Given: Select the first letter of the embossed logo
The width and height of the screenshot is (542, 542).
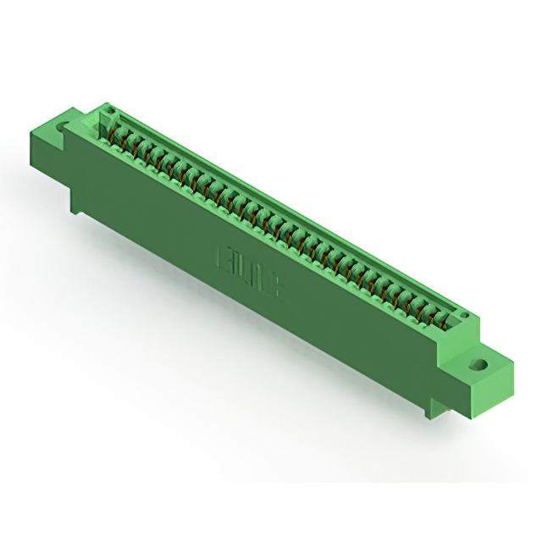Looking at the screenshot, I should (226, 255).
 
